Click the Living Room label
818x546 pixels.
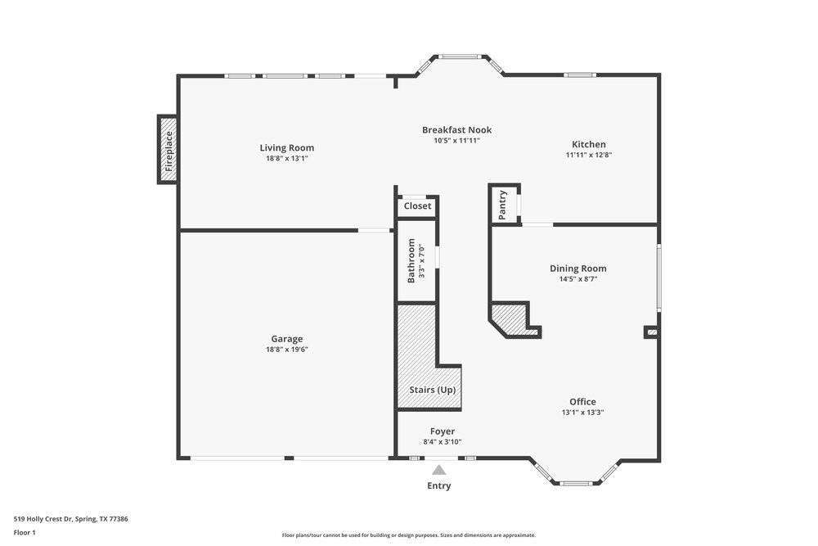pyautogui.click(x=286, y=148)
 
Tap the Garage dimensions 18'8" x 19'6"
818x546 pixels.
pyautogui.click(x=286, y=350)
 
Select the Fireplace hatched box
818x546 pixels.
pyautogui.click(x=168, y=149)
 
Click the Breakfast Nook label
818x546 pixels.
pyautogui.click(x=456, y=129)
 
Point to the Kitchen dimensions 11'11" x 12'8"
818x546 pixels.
pyautogui.click(x=588, y=155)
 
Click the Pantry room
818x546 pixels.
pyautogui.click(x=503, y=205)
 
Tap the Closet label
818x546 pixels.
pyautogui.click(x=417, y=206)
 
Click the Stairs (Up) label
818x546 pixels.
pyautogui.click(x=432, y=390)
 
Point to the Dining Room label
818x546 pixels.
pyautogui.click(x=578, y=268)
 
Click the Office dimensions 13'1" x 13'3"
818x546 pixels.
pyautogui.click(x=582, y=413)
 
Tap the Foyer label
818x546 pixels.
pyautogui.click(x=442, y=431)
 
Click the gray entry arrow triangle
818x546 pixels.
pyautogui.click(x=439, y=471)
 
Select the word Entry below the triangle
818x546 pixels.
pyautogui.click(x=439, y=485)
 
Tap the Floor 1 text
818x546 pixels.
pyautogui.click(x=25, y=532)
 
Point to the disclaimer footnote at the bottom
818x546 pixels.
pyautogui.click(x=409, y=535)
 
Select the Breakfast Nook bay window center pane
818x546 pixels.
pyautogui.click(x=460, y=56)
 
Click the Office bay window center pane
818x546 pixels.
pyautogui.click(x=576, y=483)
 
